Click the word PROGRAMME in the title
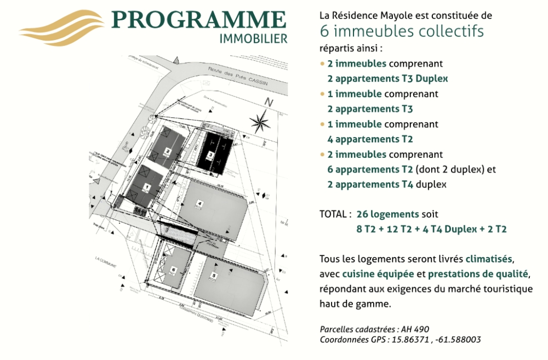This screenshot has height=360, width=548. (x=199, y=20)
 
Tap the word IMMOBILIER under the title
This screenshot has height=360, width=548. (x=253, y=39)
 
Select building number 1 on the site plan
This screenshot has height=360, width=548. (x=146, y=186)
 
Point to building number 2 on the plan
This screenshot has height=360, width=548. (x=168, y=151)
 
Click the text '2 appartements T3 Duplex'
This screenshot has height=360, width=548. (x=387, y=78)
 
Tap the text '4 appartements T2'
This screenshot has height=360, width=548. (x=370, y=139)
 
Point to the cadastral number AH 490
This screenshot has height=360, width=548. (x=415, y=329)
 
